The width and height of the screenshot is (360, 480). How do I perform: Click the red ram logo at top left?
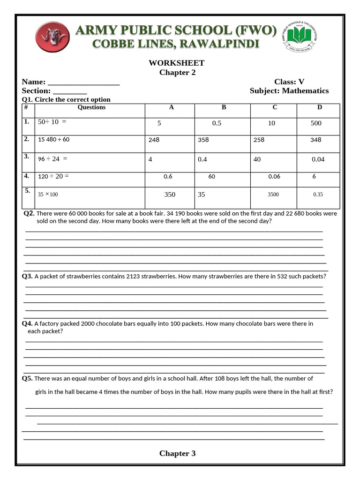pos(52,37)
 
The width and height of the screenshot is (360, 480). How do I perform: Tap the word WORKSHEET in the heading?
pos(177,63)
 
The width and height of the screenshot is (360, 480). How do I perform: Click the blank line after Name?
pos(83,82)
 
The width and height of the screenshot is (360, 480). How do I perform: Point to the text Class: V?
pos(289,82)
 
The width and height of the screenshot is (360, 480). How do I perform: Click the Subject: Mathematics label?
pos(289,91)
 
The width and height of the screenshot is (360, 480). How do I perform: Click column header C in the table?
pos(275,107)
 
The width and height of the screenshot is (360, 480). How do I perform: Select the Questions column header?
pos(91,107)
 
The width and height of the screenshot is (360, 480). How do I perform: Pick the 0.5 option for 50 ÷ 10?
pos(217,123)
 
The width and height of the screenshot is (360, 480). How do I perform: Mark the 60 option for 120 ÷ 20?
pos(211,177)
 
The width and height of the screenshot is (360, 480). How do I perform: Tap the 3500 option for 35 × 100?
pos(273,194)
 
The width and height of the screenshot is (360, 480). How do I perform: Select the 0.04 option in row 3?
pos(318,159)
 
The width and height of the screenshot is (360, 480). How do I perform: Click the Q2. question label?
pos(29,213)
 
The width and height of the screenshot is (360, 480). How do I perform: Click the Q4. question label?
pos(27,323)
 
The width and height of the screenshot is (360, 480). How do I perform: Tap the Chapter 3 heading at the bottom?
pos(177,453)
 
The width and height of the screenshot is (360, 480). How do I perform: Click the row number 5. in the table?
pos(27,191)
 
